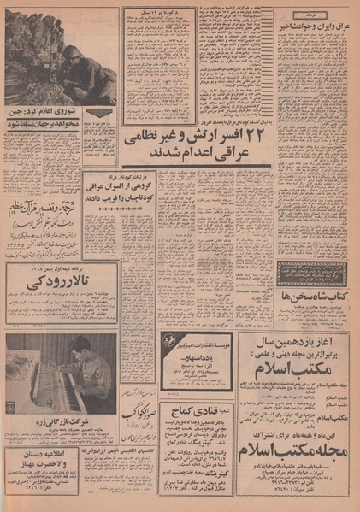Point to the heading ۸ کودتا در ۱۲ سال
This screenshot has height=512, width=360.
click(x=155, y=13)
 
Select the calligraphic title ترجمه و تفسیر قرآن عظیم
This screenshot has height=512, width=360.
click(x=61, y=204)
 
